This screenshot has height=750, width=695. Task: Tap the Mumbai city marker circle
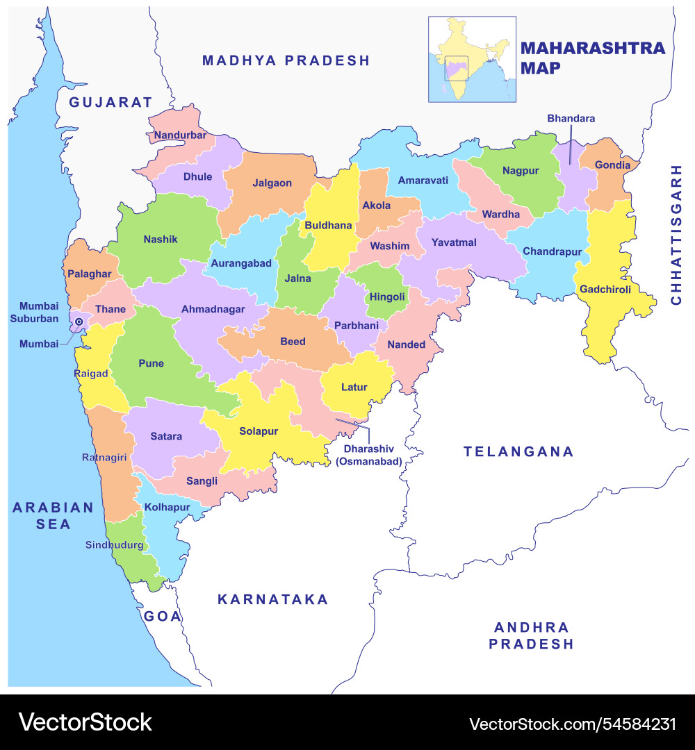click(x=79, y=322)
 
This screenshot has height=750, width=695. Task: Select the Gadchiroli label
click(x=605, y=290)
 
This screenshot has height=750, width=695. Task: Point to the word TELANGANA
click(x=518, y=452)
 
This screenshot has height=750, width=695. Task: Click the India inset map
click(x=472, y=60)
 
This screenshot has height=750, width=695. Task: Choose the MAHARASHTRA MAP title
click(x=592, y=58)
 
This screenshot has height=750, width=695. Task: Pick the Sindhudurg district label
click(x=114, y=545)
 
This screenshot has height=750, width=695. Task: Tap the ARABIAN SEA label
click(x=53, y=516)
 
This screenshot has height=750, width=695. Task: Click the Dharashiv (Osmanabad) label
click(x=368, y=454)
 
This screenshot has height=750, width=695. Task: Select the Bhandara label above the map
click(x=571, y=119)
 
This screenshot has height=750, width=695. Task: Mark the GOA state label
click(x=163, y=616)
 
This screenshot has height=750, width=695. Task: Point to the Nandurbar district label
click(x=180, y=135)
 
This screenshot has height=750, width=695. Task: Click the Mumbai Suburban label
click(x=39, y=312)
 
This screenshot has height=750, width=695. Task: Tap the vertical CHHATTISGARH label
click(x=676, y=235)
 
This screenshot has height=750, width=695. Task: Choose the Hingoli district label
click(x=387, y=297)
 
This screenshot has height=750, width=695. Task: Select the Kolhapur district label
click(x=167, y=508)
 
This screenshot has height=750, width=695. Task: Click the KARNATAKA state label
click(x=272, y=599)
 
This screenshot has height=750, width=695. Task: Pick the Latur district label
click(x=354, y=387)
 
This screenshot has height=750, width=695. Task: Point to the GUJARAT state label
click(x=111, y=102)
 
